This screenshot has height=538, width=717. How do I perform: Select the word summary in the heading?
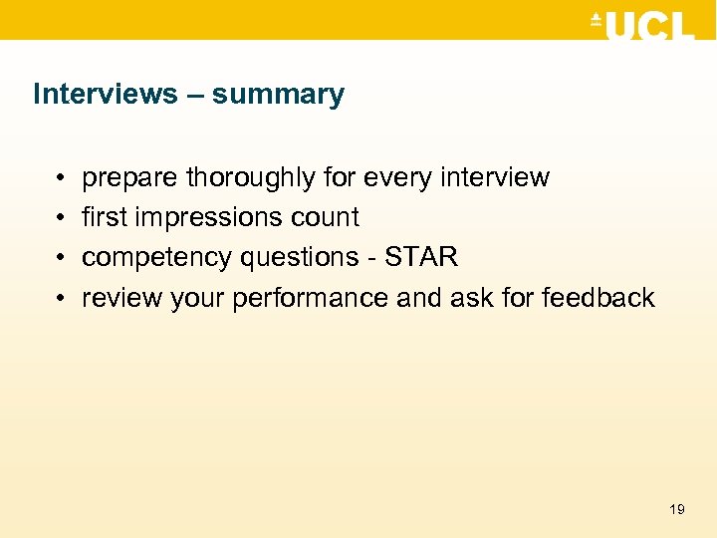(x=278, y=96)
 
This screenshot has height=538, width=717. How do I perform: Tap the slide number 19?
(x=677, y=509)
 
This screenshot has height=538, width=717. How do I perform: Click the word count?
(x=326, y=218)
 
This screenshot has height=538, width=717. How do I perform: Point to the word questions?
(x=289, y=258)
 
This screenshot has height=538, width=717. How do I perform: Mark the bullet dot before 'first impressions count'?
(x=61, y=218)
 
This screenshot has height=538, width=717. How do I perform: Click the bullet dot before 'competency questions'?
(x=61, y=258)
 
